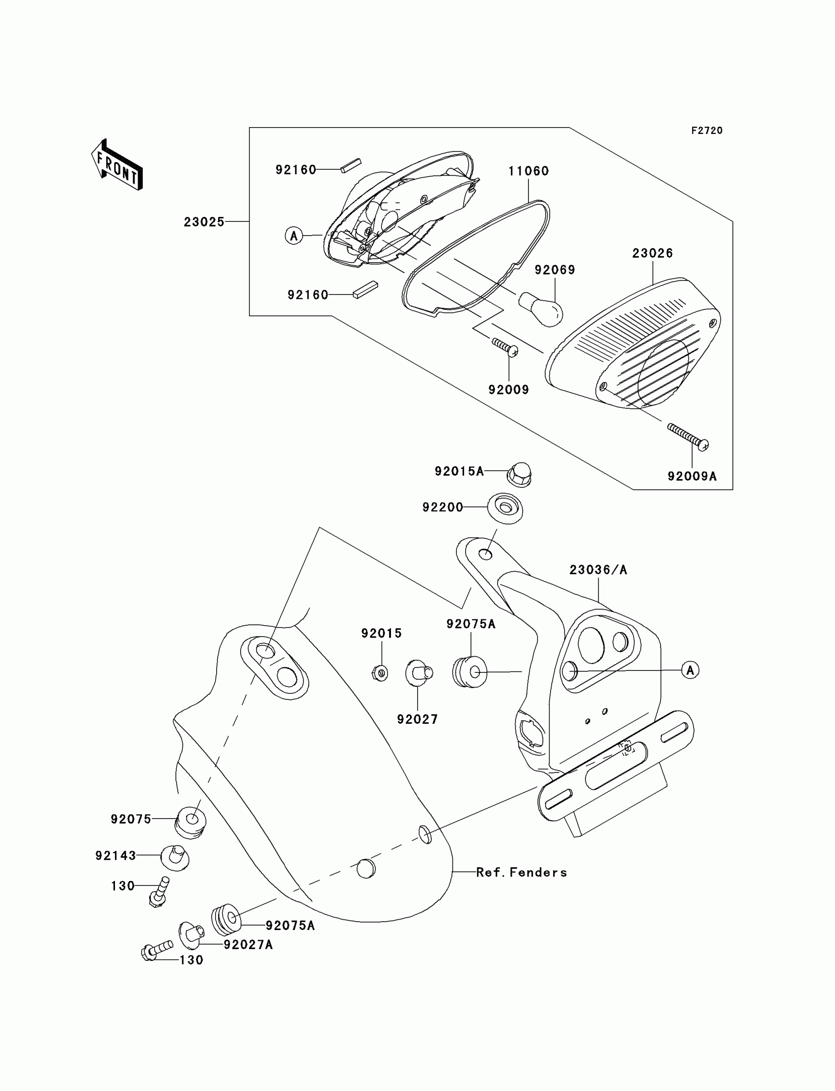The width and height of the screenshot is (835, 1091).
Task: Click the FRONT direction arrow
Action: (x=117, y=165)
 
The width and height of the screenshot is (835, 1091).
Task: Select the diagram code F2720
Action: (x=707, y=131)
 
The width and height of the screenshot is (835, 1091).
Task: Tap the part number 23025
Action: (x=204, y=222)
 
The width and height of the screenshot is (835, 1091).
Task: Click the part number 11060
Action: (x=529, y=171)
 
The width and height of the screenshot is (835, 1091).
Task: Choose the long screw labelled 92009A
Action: (x=688, y=437)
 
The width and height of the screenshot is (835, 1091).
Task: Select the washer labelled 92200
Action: (x=505, y=507)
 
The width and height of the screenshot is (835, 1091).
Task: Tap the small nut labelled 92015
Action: (x=380, y=673)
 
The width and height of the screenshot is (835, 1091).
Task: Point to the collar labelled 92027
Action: (x=419, y=673)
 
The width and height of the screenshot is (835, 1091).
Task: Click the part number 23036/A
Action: (x=598, y=570)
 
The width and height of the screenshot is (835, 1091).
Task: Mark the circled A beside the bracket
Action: (x=691, y=670)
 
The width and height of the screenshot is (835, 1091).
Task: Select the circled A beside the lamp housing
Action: (x=294, y=236)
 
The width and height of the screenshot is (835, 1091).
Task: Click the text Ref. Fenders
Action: (x=521, y=873)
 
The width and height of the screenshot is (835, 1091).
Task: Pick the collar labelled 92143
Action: (x=175, y=857)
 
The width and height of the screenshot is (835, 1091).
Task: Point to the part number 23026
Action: (x=653, y=253)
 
